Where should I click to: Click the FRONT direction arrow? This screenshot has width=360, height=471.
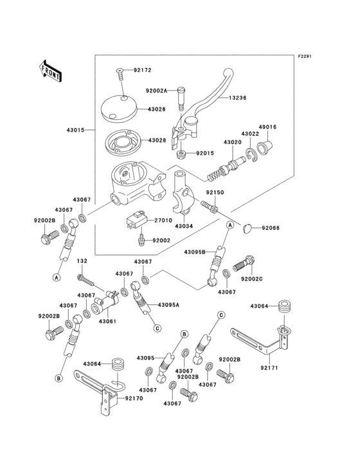[x=51, y=70]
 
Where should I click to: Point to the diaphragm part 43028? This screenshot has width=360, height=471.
[x=122, y=141]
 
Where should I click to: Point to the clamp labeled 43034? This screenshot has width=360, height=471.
[x=184, y=226]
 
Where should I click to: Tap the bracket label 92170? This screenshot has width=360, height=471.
[x=134, y=399]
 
